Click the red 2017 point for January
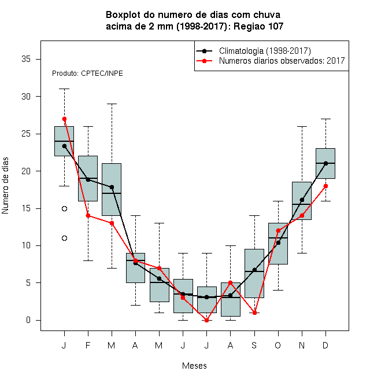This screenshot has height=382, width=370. click(x=64, y=119)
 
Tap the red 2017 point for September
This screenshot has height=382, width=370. click(x=254, y=313)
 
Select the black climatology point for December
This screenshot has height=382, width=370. click(x=325, y=163)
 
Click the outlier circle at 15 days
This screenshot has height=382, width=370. click(x=64, y=208)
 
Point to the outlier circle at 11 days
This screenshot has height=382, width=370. click(x=64, y=238)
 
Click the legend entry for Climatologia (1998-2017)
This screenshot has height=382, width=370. click(x=253, y=51)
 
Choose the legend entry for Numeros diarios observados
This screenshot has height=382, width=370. click(x=271, y=61)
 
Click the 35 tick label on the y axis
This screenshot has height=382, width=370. click(x=26, y=59)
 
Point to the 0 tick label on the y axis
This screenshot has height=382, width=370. click(x=28, y=320)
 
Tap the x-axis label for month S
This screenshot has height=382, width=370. click(x=254, y=345)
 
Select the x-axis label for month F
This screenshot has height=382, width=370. click(x=88, y=345)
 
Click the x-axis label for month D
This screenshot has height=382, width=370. click(x=325, y=345)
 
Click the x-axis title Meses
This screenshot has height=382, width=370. click(x=194, y=366)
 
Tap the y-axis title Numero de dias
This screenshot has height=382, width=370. click(x=5, y=186)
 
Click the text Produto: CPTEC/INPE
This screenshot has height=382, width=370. click(x=87, y=74)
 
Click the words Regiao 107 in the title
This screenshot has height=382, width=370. click(x=258, y=26)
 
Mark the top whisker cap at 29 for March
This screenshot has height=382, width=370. click(x=112, y=104)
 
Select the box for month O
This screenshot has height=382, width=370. click(x=278, y=244)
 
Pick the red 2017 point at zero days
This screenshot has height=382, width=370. click(x=206, y=321)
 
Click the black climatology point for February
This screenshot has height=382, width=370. click(x=88, y=179)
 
